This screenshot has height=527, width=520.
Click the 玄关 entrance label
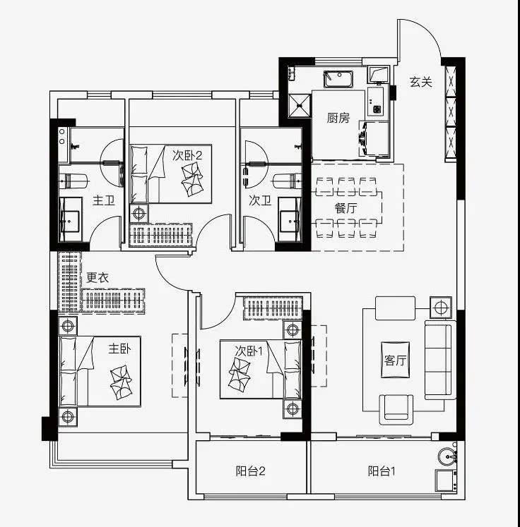click(421, 82)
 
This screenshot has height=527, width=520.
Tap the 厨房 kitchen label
click(338, 118)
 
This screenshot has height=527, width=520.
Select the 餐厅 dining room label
click(346, 207)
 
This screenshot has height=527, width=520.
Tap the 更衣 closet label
click(97, 278)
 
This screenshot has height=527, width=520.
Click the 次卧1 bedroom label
click(249, 350)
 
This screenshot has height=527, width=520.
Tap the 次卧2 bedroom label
click(188, 155)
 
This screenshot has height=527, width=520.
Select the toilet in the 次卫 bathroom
click(290, 179)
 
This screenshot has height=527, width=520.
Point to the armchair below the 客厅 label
click(397, 407)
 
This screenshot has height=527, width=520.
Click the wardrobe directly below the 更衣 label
click(114, 300)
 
